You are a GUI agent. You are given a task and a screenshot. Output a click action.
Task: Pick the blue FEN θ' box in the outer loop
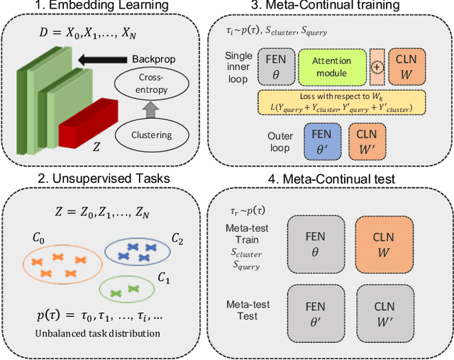point(322,140)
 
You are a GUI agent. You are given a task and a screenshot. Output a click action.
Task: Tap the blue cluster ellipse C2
point(138,252)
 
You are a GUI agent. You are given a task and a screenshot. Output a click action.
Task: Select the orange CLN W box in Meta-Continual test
point(382,249)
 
